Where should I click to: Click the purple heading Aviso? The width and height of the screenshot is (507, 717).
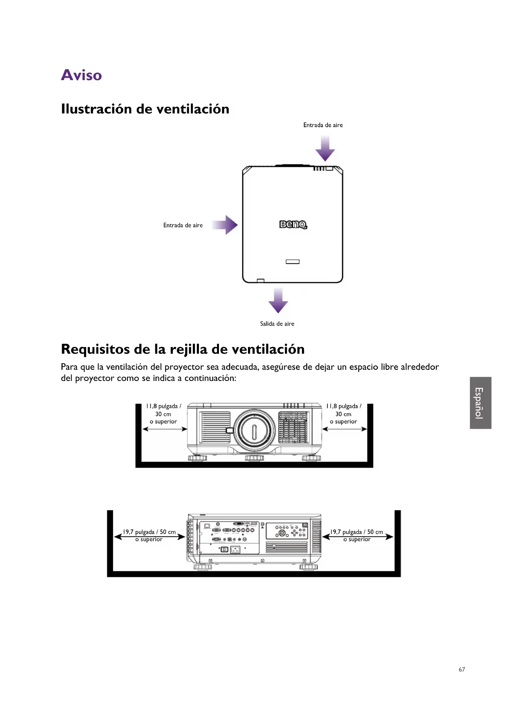click(x=81, y=75)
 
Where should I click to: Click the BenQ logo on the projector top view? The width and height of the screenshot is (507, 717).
click(x=293, y=224)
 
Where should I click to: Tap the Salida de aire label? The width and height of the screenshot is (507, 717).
click(x=277, y=324)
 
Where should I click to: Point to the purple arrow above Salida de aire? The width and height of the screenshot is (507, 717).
click(x=278, y=300)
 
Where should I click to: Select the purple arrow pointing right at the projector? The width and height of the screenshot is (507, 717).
click(x=225, y=225)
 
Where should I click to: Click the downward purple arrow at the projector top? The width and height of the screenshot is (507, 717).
click(x=325, y=149)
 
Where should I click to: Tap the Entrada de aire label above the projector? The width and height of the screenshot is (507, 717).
click(x=323, y=125)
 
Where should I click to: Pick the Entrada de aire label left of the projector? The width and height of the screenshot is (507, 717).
click(x=183, y=225)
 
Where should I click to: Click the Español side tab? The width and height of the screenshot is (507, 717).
click(x=480, y=403)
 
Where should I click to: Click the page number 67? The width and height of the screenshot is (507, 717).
click(x=462, y=669)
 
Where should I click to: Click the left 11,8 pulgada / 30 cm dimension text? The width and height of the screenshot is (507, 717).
click(x=163, y=414)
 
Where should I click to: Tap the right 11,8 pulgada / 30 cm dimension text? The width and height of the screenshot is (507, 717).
click(x=344, y=414)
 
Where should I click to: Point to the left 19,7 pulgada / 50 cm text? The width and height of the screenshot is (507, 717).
click(x=150, y=532)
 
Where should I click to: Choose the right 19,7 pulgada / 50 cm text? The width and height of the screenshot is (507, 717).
click(x=357, y=532)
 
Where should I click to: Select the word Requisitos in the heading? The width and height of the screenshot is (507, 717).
click(x=95, y=350)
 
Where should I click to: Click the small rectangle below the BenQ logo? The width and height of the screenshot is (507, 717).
click(x=293, y=262)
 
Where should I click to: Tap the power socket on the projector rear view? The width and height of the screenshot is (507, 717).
click(x=235, y=550)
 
